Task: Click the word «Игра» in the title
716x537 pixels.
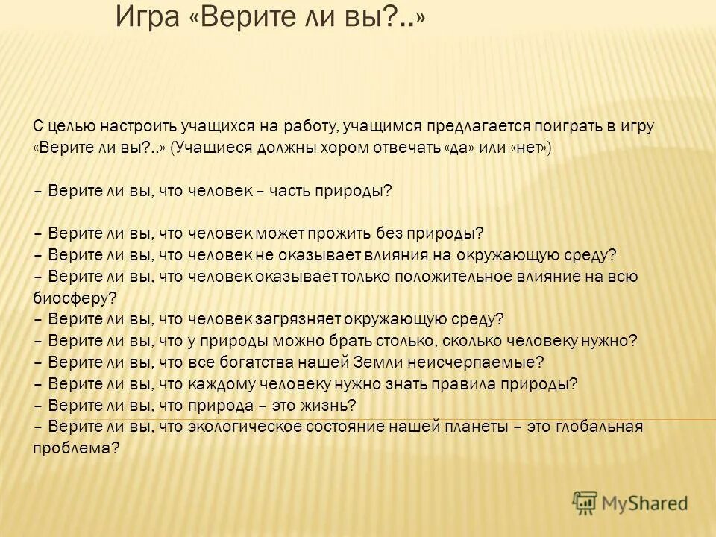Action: click(148, 18)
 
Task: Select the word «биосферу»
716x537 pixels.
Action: click(72, 298)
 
